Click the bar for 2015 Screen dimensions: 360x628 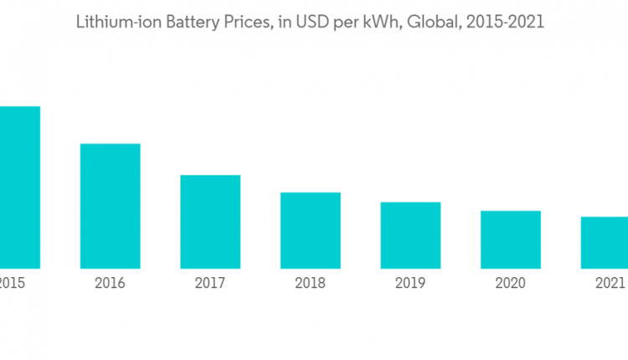click(x=19, y=188)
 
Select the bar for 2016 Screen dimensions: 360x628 click(x=110, y=206)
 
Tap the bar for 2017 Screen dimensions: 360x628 click(x=210, y=222)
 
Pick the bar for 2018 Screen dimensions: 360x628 click(x=310, y=230)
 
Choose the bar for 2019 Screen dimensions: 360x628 click(x=410, y=235)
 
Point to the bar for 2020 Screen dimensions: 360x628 click(x=510, y=239)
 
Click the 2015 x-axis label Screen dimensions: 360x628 click(x=11, y=283)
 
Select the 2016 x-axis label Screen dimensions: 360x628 click(x=110, y=283)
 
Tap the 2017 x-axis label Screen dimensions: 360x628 click(x=210, y=283)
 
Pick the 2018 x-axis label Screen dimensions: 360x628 click(x=310, y=283)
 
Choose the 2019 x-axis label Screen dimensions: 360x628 click(x=410, y=283)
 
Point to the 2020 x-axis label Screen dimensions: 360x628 click(x=510, y=283)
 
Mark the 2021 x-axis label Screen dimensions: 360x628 click(x=610, y=283)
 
